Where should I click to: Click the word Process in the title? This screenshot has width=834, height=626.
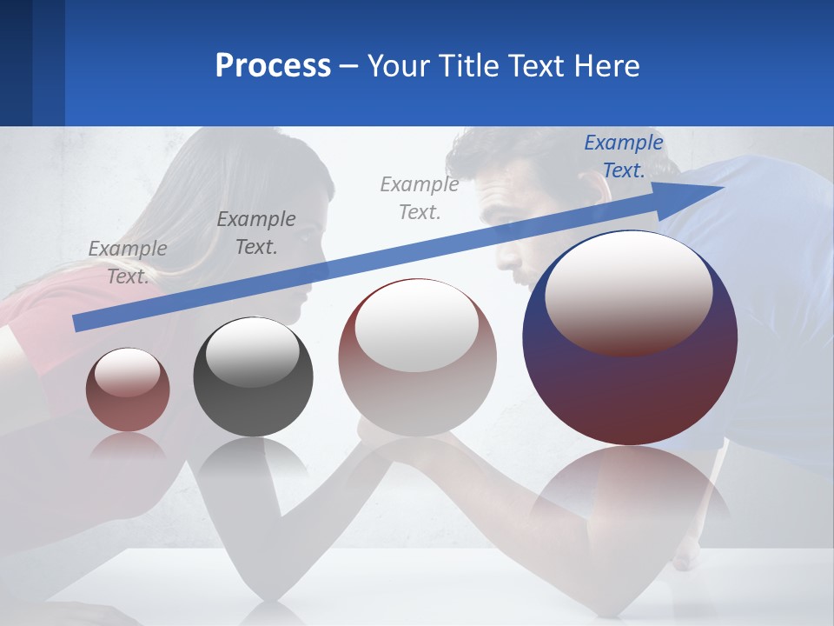273,65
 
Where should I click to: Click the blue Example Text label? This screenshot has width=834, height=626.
623,156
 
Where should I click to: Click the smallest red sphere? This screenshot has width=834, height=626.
128,390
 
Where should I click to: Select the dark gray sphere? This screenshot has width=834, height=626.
253,377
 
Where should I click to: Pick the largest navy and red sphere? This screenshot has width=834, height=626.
630,338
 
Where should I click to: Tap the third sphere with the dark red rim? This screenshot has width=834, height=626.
417,357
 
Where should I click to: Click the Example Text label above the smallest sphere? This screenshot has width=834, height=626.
127,263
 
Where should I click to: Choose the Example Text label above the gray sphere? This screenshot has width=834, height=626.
255,233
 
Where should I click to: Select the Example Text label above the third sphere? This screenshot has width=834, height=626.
419,198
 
